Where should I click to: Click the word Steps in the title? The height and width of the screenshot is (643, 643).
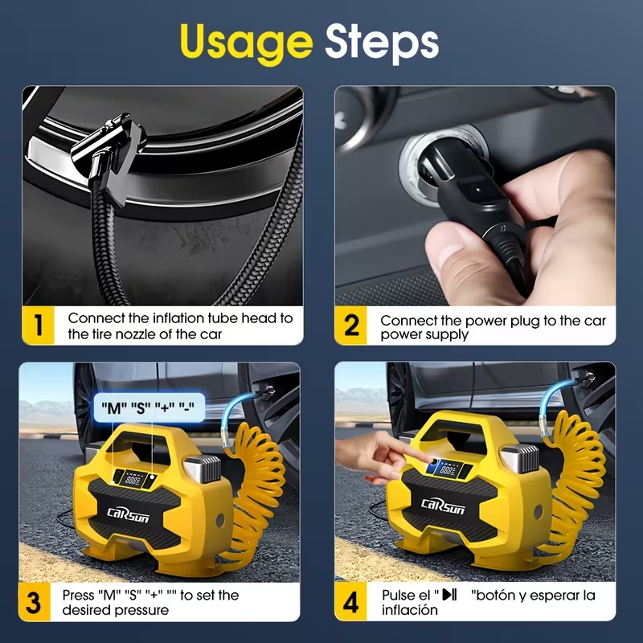[x=381, y=43]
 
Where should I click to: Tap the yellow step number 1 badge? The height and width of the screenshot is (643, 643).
[x=38, y=326]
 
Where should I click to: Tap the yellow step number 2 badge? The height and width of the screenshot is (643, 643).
[x=351, y=326]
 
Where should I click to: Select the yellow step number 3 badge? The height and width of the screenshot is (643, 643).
[x=34, y=602]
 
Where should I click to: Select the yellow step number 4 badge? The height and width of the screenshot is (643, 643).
[x=350, y=602]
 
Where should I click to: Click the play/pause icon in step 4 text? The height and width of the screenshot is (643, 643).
[x=449, y=594]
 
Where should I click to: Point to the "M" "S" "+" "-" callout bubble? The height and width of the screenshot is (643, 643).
[x=149, y=408]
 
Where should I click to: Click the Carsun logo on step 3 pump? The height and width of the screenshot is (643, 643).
[x=128, y=514]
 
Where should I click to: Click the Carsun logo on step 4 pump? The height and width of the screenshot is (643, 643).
[x=443, y=506]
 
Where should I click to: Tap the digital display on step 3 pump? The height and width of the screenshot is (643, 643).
[x=133, y=479]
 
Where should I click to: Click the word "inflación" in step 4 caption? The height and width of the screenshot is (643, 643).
[x=410, y=610]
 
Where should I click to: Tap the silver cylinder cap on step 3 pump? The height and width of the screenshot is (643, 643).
[x=202, y=469]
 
